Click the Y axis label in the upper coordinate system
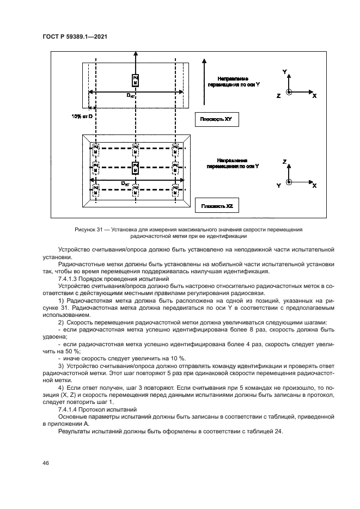click(285, 72)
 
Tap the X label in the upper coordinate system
click(315, 95)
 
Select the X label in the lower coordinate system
click(315, 186)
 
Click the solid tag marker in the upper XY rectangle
click(135, 81)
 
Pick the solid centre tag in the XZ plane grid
click(135, 167)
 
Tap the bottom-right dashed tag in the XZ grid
click(175, 190)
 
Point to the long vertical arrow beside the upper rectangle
click(203, 82)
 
